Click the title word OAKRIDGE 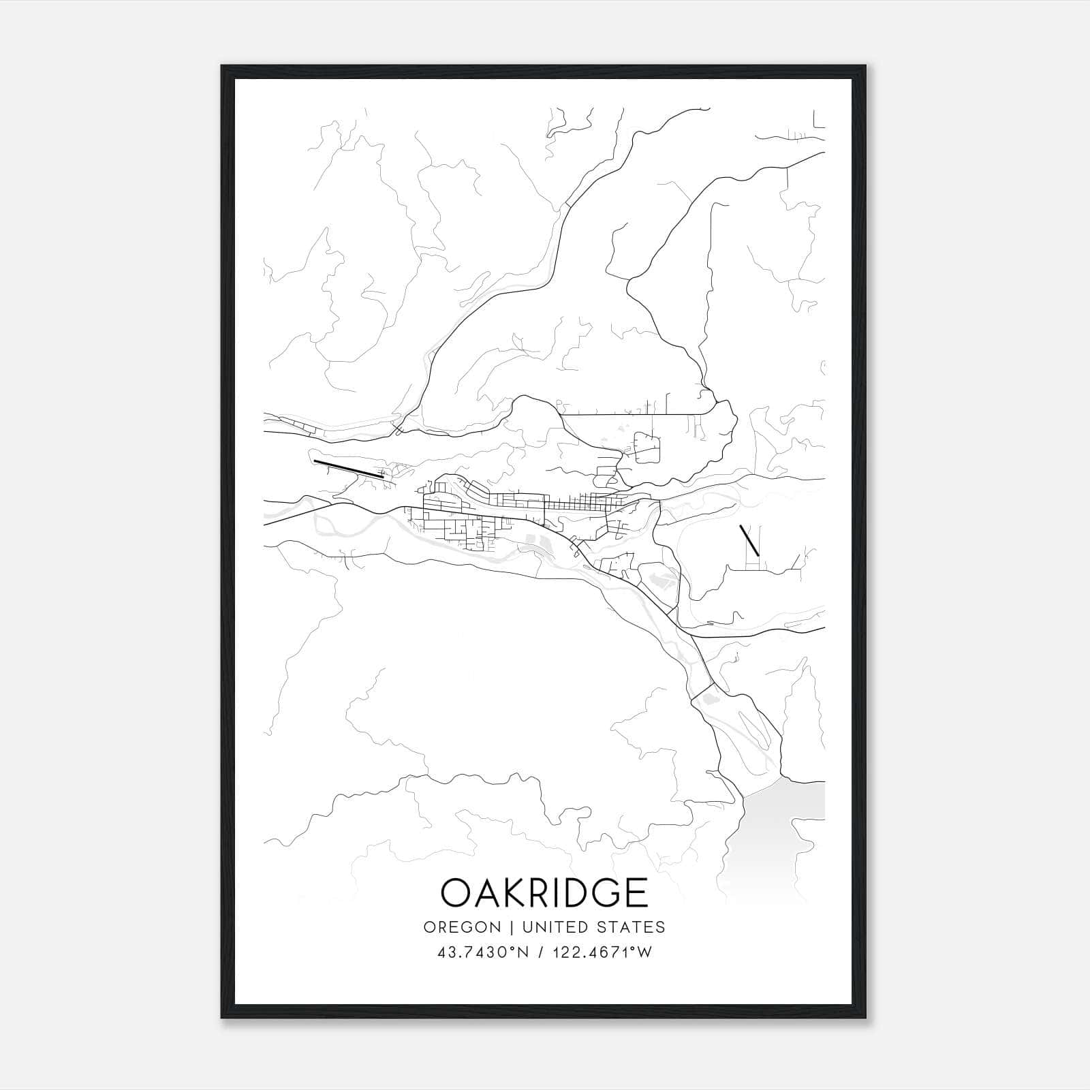coord(544,892)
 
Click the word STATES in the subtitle coord(631,926)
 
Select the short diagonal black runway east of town coord(749,540)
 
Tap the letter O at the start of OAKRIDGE coord(456,892)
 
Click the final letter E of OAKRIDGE coord(636,892)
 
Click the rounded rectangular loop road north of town coord(647,447)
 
